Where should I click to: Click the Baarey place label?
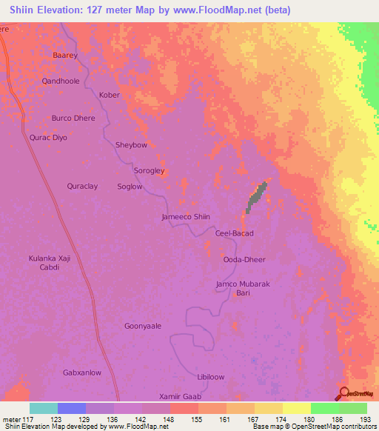click(x=65, y=55)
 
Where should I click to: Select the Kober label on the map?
click(x=109, y=95)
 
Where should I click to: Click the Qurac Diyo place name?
click(x=48, y=138)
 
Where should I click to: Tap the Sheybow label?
click(x=131, y=145)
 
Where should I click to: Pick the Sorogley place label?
click(x=148, y=171)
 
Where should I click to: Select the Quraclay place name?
click(x=82, y=187)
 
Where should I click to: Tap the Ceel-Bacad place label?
click(x=234, y=233)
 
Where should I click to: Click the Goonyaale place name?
click(x=143, y=325)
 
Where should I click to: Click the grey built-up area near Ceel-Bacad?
click(x=255, y=196)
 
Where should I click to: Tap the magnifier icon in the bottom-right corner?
click(x=346, y=394)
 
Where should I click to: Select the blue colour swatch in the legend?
click(x=71, y=408)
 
